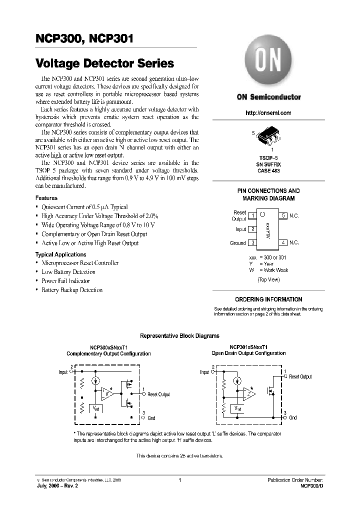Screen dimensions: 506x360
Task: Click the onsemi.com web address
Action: (268, 113)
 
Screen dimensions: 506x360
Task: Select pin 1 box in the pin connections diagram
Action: (253, 216)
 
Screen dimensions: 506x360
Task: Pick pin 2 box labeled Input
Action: (253, 229)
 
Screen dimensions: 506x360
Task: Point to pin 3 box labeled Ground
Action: (253, 243)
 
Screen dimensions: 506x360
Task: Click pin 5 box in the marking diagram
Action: (283, 216)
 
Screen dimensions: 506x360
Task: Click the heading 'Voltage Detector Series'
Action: (104, 63)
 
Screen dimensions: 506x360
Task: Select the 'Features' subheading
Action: (46, 198)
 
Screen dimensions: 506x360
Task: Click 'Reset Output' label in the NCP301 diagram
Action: (300, 377)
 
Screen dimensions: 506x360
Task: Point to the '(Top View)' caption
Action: (268, 279)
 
